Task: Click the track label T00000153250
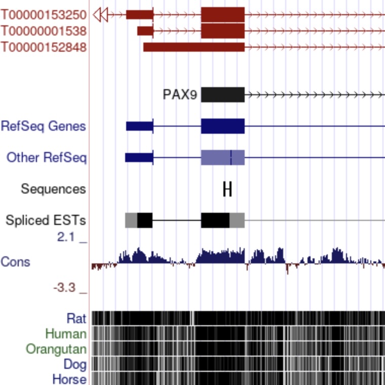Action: click(44, 15)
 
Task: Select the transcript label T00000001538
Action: click(44, 31)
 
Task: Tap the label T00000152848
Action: click(44, 47)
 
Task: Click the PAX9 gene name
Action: click(180, 95)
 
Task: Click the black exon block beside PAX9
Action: click(223, 95)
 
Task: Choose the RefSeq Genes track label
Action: click(44, 126)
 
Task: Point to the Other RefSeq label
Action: click(47, 158)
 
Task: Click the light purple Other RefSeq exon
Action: click(223, 158)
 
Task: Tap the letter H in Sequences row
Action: click(227, 189)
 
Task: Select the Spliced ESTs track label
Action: click(46, 220)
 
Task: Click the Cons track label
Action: click(15, 262)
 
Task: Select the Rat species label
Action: click(76, 319)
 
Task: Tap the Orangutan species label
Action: click(56, 349)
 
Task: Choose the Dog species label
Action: click(75, 364)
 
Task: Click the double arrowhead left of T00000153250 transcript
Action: click(100, 15)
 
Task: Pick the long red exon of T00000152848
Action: click(194, 47)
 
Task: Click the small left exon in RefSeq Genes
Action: click(140, 126)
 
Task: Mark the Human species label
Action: click(66, 334)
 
